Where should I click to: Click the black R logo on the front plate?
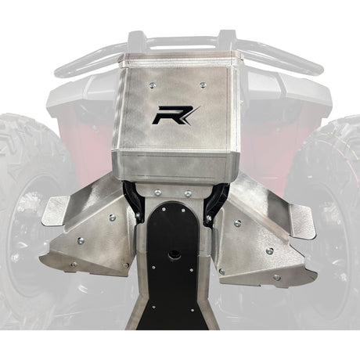click(175, 115)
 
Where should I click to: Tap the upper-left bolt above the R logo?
click(152, 85)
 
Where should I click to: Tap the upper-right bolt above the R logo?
click(203, 85)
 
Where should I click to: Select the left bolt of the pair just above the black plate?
click(157, 193)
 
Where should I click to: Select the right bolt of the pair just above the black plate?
click(188, 193)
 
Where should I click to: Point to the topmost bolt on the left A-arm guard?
click(113, 217)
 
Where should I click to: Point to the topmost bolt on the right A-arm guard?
click(237, 223)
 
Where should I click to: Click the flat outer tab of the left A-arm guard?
click(56, 211)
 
